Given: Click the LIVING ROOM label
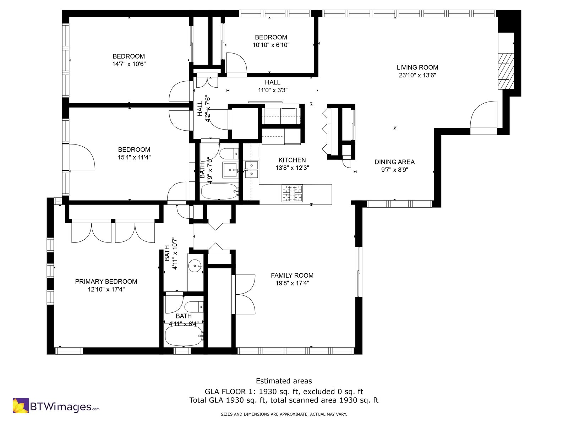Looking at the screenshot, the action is click(x=417, y=67).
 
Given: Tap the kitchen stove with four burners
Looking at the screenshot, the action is click(x=292, y=193).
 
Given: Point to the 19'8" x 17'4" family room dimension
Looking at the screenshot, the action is click(x=292, y=283).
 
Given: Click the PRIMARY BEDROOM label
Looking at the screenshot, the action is click(x=106, y=282).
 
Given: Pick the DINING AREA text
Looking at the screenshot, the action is click(x=395, y=162).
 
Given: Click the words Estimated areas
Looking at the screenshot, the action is click(x=284, y=381).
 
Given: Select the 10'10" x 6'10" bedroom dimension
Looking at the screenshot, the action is click(x=271, y=45).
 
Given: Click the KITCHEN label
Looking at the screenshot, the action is click(x=292, y=160).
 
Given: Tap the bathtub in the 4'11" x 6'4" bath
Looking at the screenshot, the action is click(x=184, y=335).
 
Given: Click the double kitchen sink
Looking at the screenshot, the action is click(x=251, y=169).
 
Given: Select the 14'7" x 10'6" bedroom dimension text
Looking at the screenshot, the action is click(x=129, y=64).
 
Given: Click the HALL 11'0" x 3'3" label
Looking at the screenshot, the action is click(x=273, y=86).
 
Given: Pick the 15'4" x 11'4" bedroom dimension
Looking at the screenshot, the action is click(x=134, y=157).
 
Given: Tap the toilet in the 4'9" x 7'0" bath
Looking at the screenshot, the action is click(x=229, y=154).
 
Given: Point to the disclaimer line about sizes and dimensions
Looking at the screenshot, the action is click(x=284, y=414).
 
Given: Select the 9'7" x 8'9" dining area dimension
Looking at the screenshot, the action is click(x=395, y=170).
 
